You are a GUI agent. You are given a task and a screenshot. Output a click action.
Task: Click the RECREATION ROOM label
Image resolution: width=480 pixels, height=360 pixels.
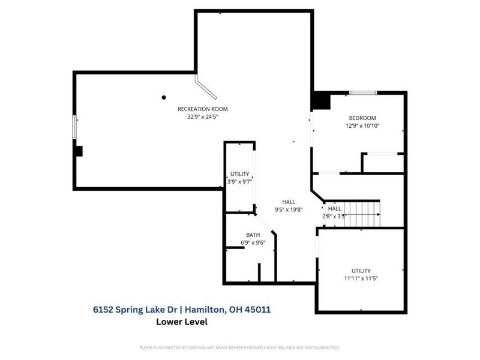(x=202, y=109)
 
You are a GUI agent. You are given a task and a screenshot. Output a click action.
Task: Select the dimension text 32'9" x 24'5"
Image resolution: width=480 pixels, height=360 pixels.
(x=202, y=117)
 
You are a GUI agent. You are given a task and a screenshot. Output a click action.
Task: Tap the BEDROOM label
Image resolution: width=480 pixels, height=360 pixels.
(x=362, y=118)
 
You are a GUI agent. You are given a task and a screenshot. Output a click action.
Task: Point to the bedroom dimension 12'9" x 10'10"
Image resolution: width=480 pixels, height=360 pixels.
(x=362, y=126)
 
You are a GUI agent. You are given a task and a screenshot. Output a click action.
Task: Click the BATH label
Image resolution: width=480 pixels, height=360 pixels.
(x=253, y=235)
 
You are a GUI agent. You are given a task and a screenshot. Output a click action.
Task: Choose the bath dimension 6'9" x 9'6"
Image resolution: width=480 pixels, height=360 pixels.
(x=253, y=243)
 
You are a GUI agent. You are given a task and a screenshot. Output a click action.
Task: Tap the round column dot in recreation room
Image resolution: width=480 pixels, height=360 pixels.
(x=163, y=97)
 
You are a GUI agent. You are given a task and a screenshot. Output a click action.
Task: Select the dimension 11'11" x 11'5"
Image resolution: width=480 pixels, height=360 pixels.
(x=361, y=278)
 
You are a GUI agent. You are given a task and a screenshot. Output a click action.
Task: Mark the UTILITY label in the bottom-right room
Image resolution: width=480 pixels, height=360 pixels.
(x=361, y=270)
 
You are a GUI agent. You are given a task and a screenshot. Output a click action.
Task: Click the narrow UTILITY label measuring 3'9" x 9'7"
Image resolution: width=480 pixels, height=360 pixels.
(x=239, y=173)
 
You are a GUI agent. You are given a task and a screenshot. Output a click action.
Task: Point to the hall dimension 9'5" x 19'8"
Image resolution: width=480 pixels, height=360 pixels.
(x=288, y=209)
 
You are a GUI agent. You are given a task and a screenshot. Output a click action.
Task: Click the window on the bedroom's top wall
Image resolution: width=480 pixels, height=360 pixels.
(x=363, y=92)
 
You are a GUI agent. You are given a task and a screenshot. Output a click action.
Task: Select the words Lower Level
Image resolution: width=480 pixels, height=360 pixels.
(x=182, y=322)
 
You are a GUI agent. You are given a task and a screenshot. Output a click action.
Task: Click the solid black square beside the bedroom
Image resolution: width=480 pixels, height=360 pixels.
(x=320, y=101)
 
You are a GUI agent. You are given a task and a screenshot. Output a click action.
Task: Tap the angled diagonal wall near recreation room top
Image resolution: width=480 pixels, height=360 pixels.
(x=206, y=86)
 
